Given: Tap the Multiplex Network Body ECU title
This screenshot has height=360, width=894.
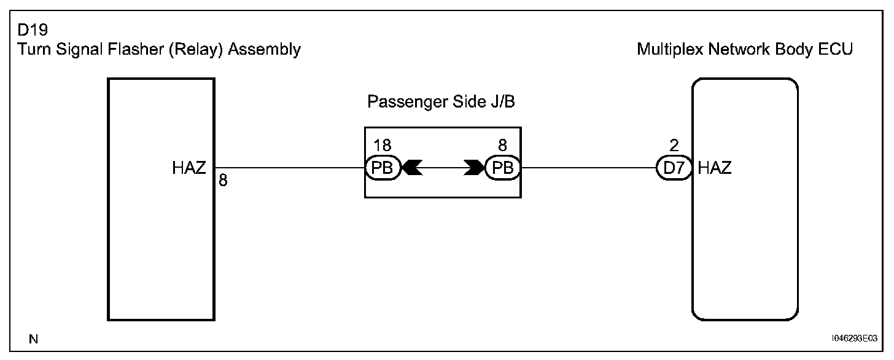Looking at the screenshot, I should click(745, 49).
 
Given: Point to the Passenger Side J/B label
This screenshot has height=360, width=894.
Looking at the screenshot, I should click(441, 102).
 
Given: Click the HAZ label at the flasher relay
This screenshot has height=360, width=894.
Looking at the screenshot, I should click(189, 168).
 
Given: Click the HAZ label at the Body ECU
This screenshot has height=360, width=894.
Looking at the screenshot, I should click(715, 168).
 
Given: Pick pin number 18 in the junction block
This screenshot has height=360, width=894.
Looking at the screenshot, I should click(382, 146).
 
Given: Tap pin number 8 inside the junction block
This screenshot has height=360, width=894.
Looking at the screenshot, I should click(503, 146).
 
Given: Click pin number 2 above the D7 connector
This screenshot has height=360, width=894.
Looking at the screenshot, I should click(674, 146).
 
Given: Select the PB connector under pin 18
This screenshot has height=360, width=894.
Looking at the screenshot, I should click(383, 168).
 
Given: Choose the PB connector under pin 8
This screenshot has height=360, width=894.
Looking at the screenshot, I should click(503, 168).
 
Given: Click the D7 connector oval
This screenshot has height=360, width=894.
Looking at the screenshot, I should click(674, 168).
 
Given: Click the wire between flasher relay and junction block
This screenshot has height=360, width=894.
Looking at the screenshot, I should click(289, 168).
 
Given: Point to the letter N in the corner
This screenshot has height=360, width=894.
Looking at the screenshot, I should click(33, 338).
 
